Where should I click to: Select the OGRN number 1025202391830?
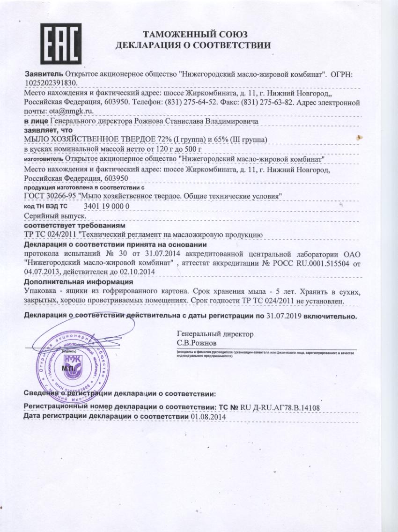pos(50,82)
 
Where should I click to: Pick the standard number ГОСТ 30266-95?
pos(50,196)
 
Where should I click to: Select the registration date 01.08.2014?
pos(208,416)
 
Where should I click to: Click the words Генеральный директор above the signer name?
pos(215,334)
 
